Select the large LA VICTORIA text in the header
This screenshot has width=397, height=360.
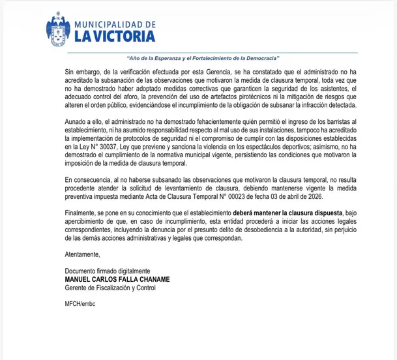click(x=115, y=37)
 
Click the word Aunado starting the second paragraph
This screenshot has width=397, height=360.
click(x=76, y=122)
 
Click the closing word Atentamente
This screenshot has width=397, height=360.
click(x=83, y=254)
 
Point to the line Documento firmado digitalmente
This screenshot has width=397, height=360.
click(x=108, y=271)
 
